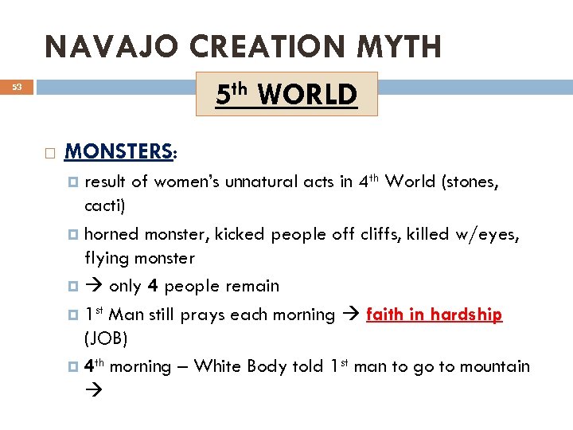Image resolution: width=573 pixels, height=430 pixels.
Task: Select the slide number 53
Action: tap(18, 87)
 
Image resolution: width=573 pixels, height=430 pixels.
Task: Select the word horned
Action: tap(111, 234)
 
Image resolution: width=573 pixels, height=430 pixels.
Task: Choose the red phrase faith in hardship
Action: tap(434, 315)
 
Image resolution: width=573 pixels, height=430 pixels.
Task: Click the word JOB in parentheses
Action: tap(105, 338)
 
